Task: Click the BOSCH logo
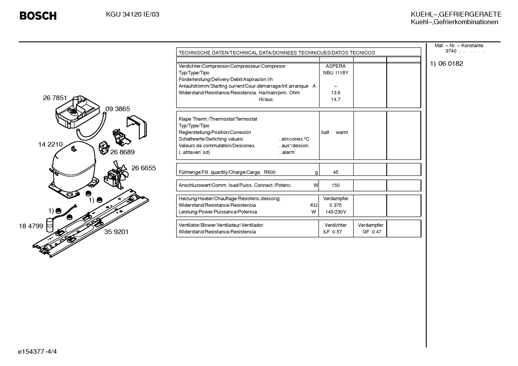(x=38, y=16)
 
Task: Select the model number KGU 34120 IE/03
(x=133, y=14)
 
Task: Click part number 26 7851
(x=55, y=98)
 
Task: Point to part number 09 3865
(x=117, y=109)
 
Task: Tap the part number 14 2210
(x=50, y=144)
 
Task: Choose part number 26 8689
(x=122, y=152)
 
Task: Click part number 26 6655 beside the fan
(x=144, y=168)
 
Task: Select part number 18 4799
(x=31, y=226)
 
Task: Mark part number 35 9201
(x=116, y=232)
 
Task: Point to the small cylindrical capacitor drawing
(x=50, y=224)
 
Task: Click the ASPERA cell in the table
(x=336, y=66)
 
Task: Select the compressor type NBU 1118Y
(x=336, y=73)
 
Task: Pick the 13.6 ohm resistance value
(x=336, y=93)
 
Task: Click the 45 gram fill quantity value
(x=336, y=172)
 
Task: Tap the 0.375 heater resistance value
(x=336, y=205)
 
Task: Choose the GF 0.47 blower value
(x=372, y=232)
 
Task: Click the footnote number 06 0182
(x=451, y=63)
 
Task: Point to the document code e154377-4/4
(x=37, y=352)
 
